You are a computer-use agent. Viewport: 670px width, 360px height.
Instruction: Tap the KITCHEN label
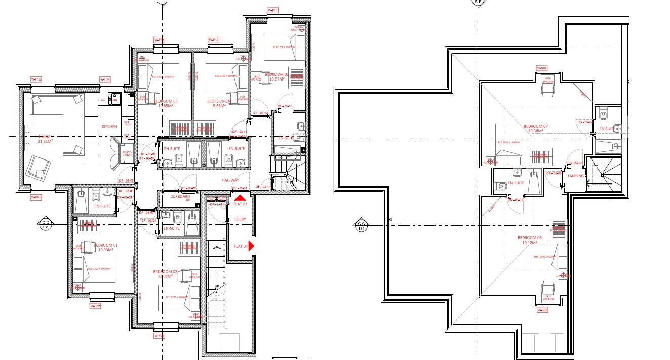(109, 126)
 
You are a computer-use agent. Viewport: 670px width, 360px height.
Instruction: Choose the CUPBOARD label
(180, 196)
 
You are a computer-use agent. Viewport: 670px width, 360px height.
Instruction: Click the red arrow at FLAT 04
(251, 246)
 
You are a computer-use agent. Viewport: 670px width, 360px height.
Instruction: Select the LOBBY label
(240, 219)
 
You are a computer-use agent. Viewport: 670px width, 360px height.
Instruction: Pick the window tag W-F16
(35, 79)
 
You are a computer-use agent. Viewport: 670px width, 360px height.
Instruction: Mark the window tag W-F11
(273, 10)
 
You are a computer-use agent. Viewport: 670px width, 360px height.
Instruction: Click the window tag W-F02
(95, 306)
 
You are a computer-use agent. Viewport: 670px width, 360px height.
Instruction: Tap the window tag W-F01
(35, 197)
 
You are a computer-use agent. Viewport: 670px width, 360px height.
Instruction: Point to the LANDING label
(576, 176)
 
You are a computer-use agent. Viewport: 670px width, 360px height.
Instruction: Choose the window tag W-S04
(542, 67)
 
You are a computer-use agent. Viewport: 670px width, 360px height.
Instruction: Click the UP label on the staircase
(217, 287)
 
